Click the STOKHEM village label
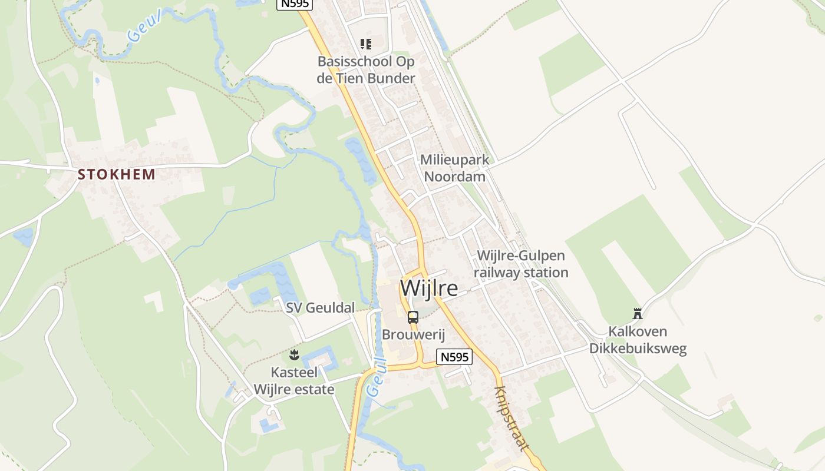[x=117, y=174]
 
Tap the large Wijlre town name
[x=429, y=288]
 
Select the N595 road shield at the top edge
[x=294, y=4]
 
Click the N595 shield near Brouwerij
[x=454, y=357]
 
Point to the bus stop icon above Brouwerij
[x=413, y=317]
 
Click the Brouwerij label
[x=412, y=334]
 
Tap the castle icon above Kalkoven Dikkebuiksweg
[x=637, y=313]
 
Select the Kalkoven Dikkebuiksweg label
[x=638, y=340]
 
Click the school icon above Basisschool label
[x=366, y=44]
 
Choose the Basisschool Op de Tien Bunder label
[x=366, y=69]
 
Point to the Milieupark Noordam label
[x=454, y=168]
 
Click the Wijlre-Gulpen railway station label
[x=520, y=264]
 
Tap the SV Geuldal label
[x=321, y=307]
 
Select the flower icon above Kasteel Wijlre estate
[x=294, y=354]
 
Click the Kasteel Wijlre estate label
[x=294, y=381]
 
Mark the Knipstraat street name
[x=511, y=418]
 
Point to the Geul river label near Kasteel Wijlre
[x=375, y=379]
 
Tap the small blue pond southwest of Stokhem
[x=24, y=237]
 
